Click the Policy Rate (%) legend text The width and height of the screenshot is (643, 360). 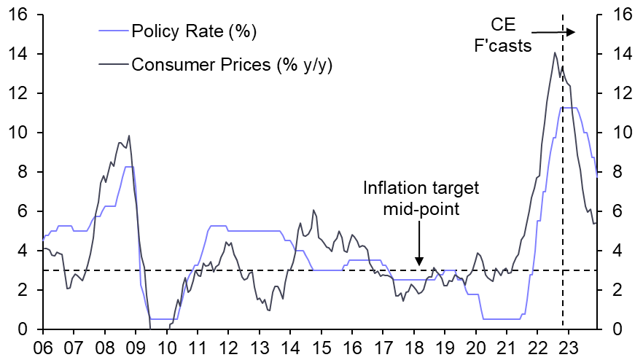coord(194,31)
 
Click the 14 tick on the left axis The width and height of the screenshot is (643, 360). coord(20,55)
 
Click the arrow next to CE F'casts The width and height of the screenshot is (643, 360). coord(553,32)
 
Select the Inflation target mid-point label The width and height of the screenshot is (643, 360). coord(421,197)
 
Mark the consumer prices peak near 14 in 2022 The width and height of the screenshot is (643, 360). coord(556,52)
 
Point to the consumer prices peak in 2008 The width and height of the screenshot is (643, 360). coord(129,136)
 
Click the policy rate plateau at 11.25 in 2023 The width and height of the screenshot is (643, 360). coord(569,108)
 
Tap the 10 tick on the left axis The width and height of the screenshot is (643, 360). coord(20,133)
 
